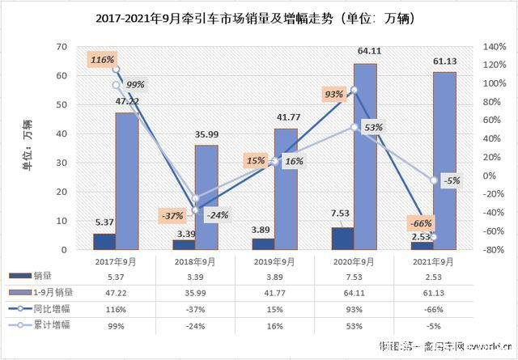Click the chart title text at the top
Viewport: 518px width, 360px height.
click(259, 17)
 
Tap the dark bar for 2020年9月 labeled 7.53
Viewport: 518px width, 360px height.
click(342, 238)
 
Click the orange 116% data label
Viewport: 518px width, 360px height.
click(103, 59)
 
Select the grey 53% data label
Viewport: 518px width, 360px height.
click(373, 128)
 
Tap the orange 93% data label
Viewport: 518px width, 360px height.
click(333, 94)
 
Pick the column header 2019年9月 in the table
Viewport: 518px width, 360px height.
click(274, 262)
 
